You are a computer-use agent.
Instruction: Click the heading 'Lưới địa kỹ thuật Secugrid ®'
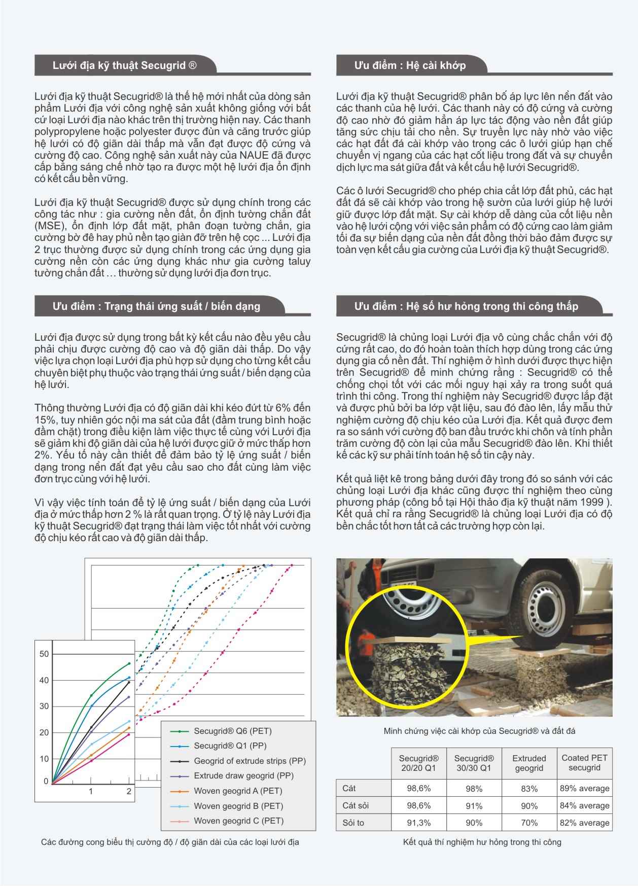[x=125, y=65]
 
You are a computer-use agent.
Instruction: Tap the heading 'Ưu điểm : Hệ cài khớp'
[x=410, y=65]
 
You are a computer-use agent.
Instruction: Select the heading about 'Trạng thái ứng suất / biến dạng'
[x=156, y=306]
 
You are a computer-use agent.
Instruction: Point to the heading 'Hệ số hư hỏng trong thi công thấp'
[x=466, y=306]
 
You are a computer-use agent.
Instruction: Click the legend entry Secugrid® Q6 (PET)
[x=233, y=731]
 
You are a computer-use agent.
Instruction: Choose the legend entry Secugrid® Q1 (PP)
[x=230, y=746]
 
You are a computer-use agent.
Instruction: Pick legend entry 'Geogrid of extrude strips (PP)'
[x=250, y=761]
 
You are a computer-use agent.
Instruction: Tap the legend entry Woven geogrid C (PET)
[x=238, y=821]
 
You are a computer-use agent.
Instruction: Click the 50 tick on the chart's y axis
[x=44, y=654]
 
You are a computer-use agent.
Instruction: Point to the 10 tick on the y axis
[x=44, y=759]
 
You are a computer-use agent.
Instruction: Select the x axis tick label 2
[x=129, y=792]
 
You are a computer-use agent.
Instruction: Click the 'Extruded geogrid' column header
[x=529, y=763]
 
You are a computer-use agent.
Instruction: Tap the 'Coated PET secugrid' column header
[x=584, y=763]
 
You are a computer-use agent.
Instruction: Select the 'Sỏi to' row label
[x=353, y=823]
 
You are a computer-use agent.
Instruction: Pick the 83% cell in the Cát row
[x=529, y=789]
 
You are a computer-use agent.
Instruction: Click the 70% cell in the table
[x=529, y=823]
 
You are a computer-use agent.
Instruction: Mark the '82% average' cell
[x=584, y=823]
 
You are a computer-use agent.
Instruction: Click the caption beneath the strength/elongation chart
[x=170, y=842]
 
